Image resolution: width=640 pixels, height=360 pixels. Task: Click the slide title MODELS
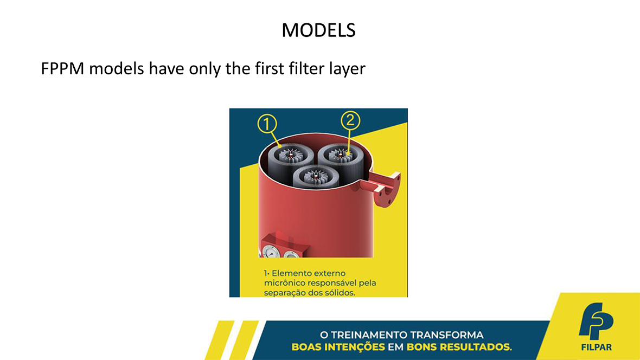(x=318, y=30)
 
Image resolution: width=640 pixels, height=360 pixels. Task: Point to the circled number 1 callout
(x=267, y=124)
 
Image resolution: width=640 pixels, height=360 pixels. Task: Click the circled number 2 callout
(x=350, y=120)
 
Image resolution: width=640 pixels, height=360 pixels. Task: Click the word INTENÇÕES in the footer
(x=355, y=348)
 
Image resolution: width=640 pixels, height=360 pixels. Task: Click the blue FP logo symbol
(x=596, y=321)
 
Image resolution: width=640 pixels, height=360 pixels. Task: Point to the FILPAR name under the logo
(x=596, y=348)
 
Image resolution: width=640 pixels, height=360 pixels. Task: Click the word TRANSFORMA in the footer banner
(x=446, y=335)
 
